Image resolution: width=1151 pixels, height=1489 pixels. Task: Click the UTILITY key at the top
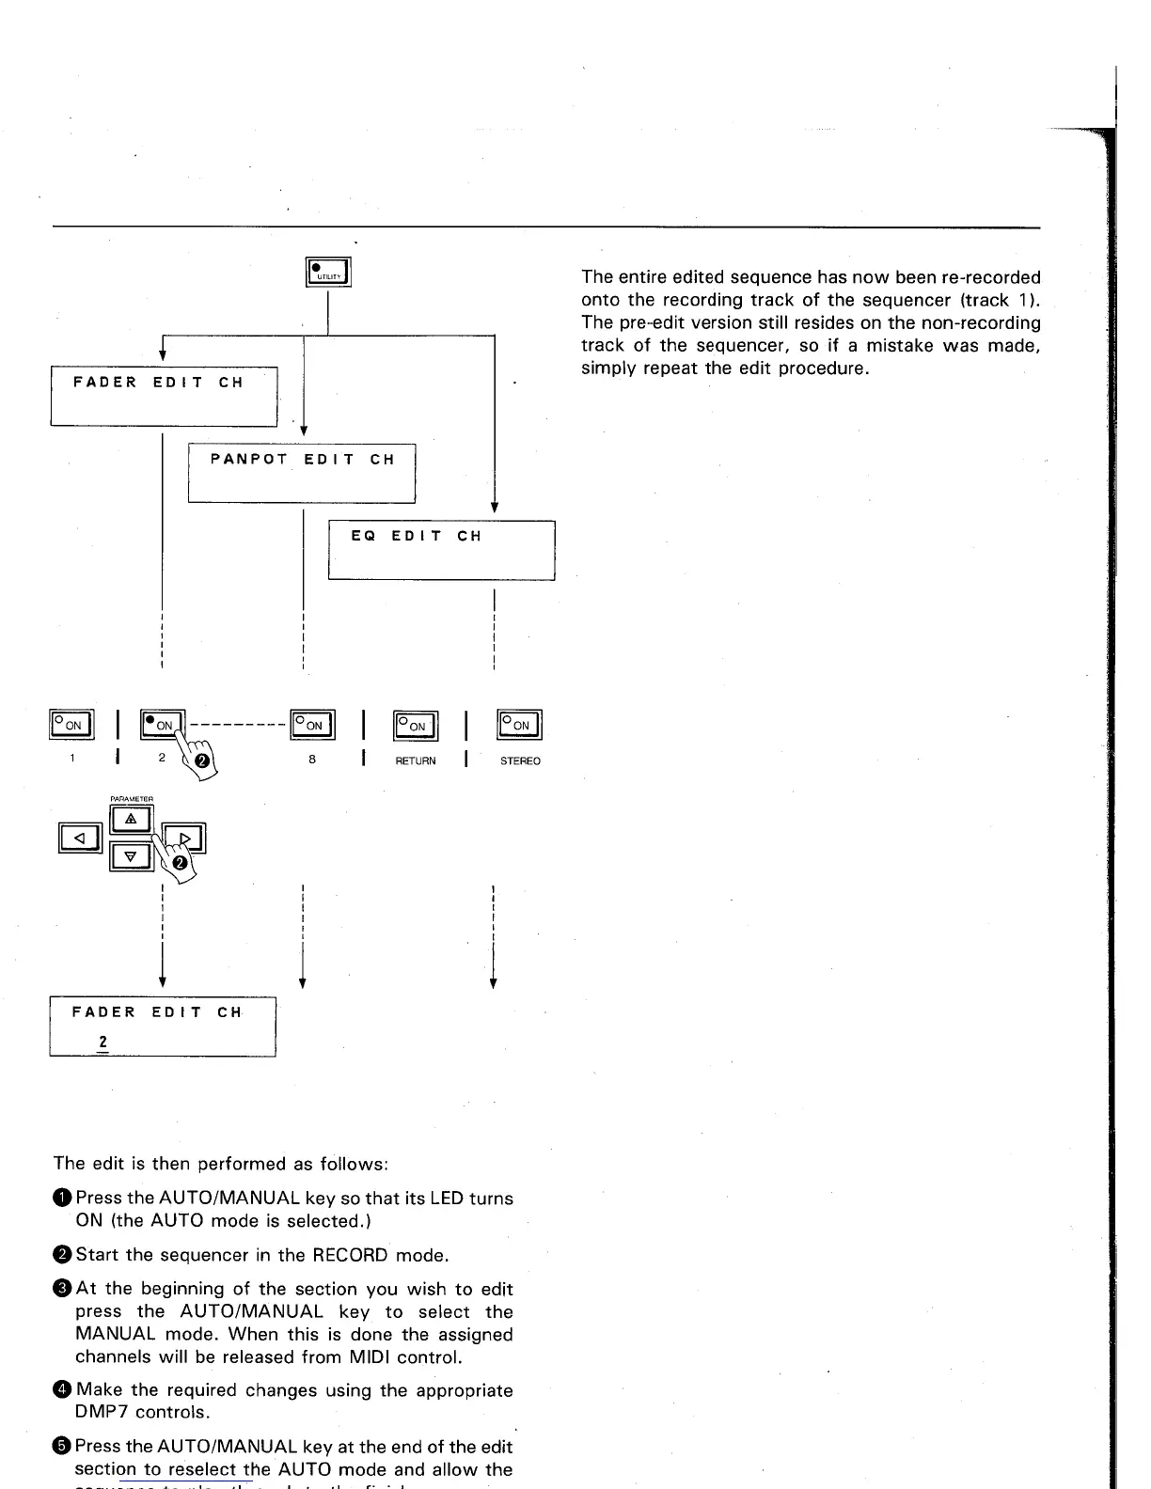[x=328, y=272]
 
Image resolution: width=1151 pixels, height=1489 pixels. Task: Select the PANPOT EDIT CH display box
[x=301, y=473]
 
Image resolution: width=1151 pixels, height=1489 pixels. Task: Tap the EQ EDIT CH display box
[x=441, y=550]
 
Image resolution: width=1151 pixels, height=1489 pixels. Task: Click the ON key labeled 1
[x=71, y=724]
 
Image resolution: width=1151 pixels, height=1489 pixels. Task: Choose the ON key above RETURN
[x=416, y=724]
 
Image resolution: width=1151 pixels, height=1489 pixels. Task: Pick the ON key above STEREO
[x=520, y=724]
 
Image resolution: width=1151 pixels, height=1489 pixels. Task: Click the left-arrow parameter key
[x=81, y=836]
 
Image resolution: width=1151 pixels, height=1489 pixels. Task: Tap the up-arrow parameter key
[x=132, y=820]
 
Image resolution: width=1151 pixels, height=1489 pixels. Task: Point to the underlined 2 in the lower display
[x=102, y=1042]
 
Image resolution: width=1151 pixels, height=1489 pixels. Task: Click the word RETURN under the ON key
[x=416, y=760]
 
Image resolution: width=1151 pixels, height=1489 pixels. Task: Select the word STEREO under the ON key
[x=520, y=760]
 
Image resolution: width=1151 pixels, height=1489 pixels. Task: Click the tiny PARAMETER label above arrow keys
[x=132, y=799]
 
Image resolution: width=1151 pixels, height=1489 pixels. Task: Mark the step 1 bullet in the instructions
[x=62, y=1199]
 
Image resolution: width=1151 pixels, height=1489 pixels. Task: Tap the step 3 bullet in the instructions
[x=62, y=1289]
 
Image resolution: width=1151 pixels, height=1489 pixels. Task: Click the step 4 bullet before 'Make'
[x=62, y=1390]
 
